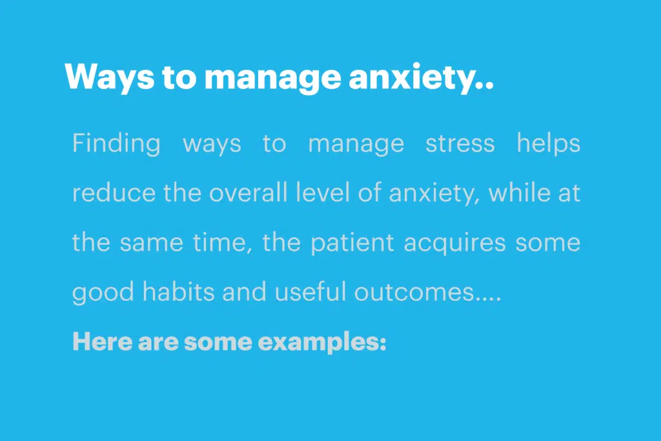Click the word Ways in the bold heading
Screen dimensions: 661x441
(110, 77)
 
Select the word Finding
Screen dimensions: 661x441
(116, 143)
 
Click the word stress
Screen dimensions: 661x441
(460, 144)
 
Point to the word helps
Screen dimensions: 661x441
(549, 143)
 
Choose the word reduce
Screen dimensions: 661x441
(114, 192)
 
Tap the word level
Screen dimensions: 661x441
(323, 192)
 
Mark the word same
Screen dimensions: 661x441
(151, 243)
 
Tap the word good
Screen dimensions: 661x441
(103, 292)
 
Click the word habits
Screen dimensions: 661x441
(178, 292)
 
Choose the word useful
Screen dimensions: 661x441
(310, 292)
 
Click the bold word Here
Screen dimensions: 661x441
(103, 341)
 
